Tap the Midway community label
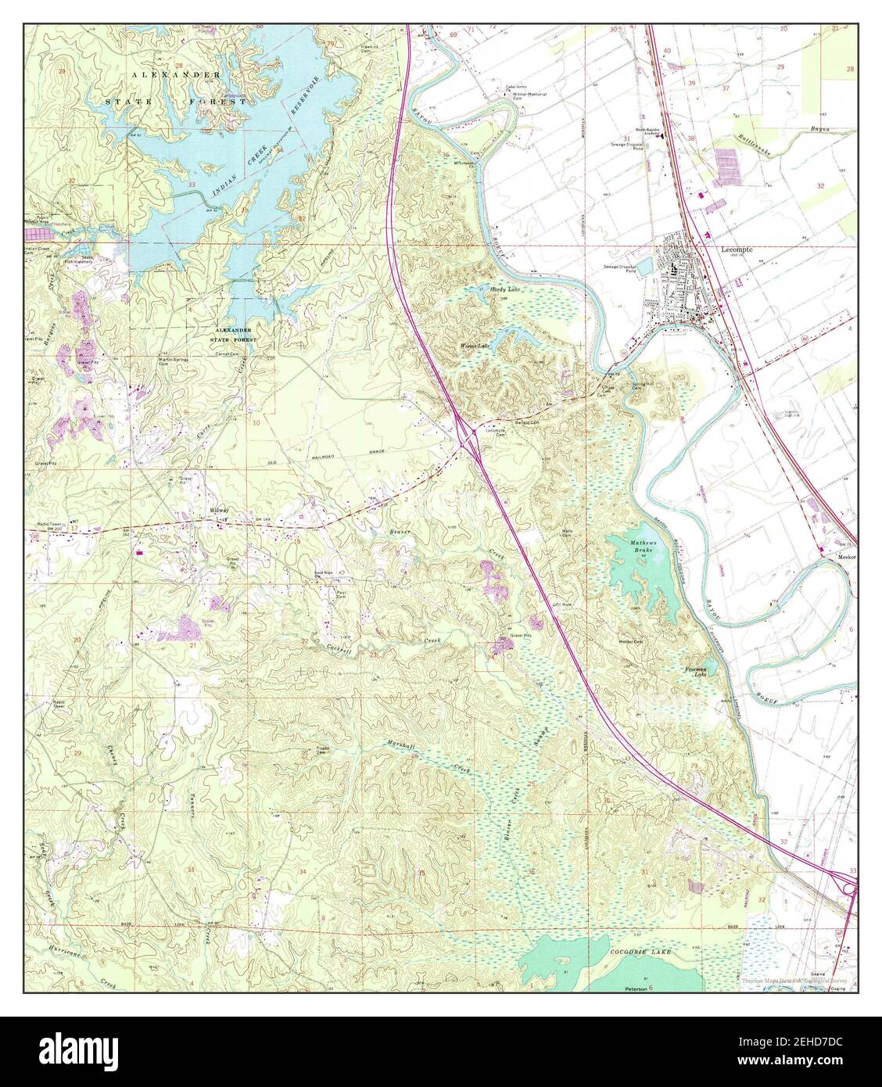(x=219, y=509)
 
